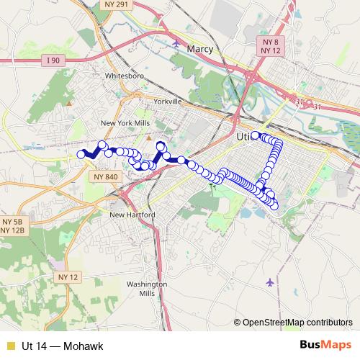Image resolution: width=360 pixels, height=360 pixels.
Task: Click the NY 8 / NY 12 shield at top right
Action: pyautogui.click(x=271, y=48)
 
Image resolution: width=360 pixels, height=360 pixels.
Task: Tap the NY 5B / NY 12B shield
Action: pyautogui.click(x=13, y=225)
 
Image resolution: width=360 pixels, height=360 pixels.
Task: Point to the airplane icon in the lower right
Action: pyautogui.click(x=270, y=282)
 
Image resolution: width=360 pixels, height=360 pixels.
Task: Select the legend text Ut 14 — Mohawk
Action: pyautogui.click(x=62, y=346)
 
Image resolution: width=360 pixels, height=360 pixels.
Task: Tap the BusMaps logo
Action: pyautogui.click(x=325, y=346)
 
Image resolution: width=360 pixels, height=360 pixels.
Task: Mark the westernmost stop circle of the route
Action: pyautogui.click(x=81, y=154)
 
